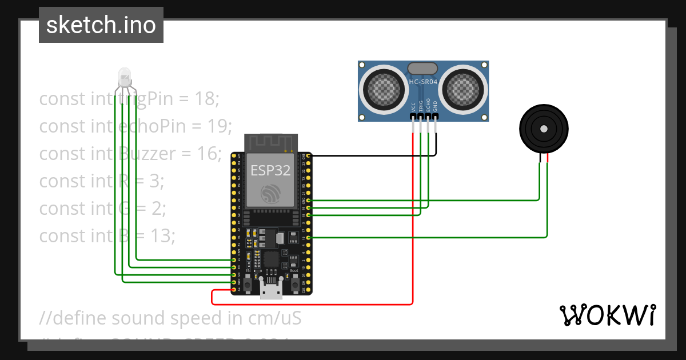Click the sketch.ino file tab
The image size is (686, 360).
click(x=101, y=25)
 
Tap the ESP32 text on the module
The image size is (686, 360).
click(x=270, y=170)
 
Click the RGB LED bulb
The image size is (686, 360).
click(x=124, y=76)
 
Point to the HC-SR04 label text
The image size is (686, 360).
click(x=424, y=82)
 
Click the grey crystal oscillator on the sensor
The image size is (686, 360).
click(x=423, y=69)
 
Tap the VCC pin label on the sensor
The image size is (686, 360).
click(x=413, y=106)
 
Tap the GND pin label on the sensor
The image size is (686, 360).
click(x=436, y=106)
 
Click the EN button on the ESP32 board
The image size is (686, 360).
click(x=248, y=283)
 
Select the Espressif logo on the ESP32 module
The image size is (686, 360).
click(x=270, y=193)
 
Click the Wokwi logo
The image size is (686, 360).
click(x=607, y=315)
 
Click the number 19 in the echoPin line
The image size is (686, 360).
click(x=220, y=126)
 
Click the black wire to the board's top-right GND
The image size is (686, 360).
click(x=372, y=155)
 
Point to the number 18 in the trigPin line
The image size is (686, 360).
click(x=205, y=99)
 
